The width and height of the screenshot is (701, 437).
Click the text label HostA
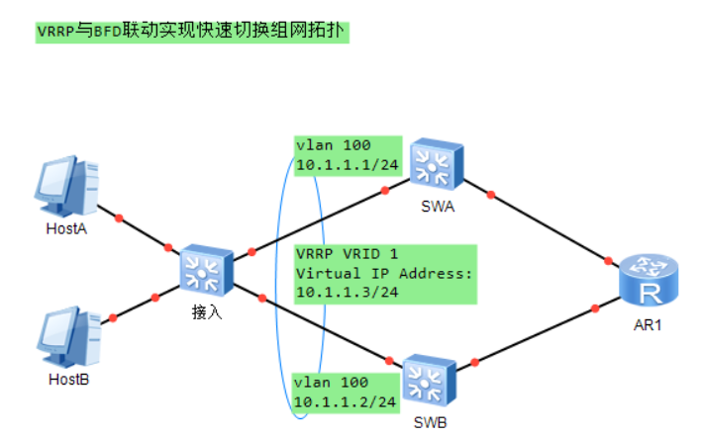[67, 228]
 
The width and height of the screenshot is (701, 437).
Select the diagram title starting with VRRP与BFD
[193, 31]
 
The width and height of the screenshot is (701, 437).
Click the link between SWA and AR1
[545, 222]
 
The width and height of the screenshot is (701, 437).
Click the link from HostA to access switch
[144, 230]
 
